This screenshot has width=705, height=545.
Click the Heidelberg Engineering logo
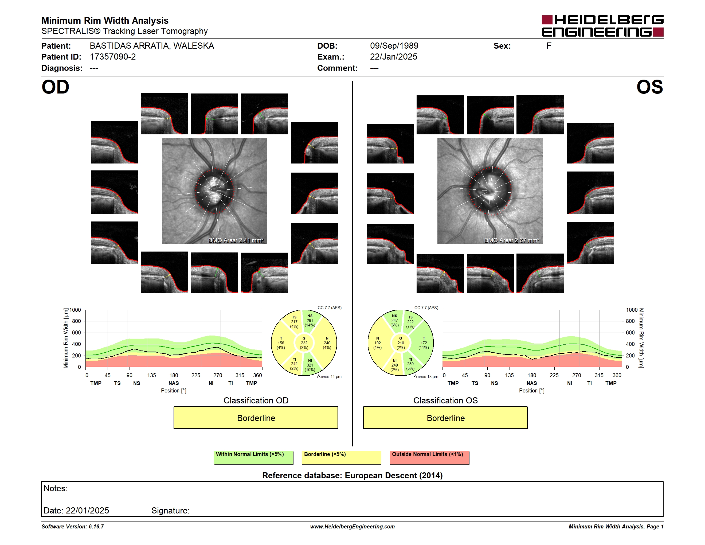click(x=602, y=26)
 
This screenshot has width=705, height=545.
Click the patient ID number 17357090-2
click(x=113, y=57)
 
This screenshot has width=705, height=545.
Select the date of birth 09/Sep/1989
click(x=394, y=46)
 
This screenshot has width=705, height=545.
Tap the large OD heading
click(x=56, y=87)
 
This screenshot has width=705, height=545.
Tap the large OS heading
click(x=650, y=87)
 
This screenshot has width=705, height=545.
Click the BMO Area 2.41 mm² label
click(x=236, y=240)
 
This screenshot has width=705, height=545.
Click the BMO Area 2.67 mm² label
click(x=512, y=240)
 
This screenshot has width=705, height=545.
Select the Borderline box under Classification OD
click(x=256, y=418)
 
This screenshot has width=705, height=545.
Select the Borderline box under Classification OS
click(x=445, y=418)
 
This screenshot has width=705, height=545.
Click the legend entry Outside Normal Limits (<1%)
click(x=429, y=457)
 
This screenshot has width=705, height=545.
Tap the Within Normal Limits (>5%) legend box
click(x=253, y=457)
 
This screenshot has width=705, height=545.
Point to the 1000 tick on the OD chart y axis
click(x=75, y=310)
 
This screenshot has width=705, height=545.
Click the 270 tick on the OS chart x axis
click(x=577, y=375)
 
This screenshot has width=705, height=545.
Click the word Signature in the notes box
click(x=170, y=511)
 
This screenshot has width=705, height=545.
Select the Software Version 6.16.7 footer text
click(x=73, y=527)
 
